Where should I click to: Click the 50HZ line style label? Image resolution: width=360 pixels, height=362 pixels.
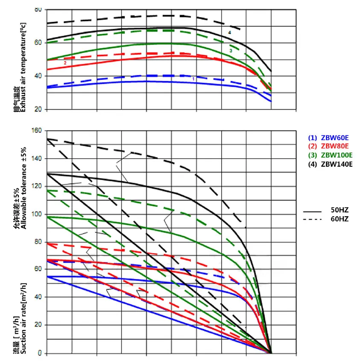340,211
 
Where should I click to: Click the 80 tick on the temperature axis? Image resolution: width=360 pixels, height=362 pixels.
38,9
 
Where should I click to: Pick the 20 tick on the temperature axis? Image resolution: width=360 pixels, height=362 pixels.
38,109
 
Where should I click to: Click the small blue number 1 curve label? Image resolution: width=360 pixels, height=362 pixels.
193,79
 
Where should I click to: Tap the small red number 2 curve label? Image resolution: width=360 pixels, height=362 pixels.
65,63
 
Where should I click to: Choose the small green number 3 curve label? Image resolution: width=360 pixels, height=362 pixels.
231,50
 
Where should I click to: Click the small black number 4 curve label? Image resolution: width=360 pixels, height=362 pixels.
229,32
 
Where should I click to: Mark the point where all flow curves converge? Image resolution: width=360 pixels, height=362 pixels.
271,353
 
